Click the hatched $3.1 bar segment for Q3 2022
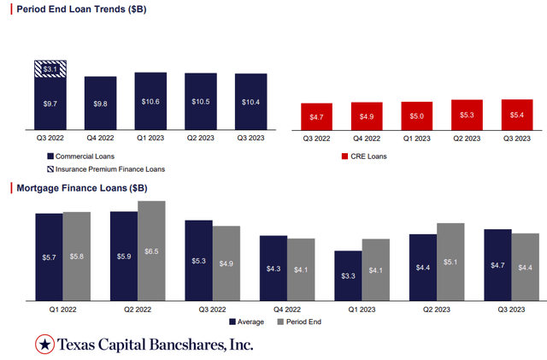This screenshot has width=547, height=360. pos(50,68)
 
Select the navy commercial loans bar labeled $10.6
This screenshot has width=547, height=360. pos(150,101)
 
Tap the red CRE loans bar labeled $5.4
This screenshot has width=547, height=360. pos(516,115)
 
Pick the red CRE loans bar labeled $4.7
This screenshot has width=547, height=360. pos(315,116)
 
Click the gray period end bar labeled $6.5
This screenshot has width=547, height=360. pos(151,251)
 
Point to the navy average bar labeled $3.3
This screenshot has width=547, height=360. pos(348,275)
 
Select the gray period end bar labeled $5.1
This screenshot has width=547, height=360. pos(450,262)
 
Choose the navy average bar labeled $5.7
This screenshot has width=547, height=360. pos(49,257)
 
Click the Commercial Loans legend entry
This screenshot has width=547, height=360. pos(81,156)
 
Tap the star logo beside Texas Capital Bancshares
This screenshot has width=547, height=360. pos(44,345)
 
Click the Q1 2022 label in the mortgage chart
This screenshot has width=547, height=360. pos(62,309)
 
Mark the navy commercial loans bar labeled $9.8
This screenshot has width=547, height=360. pos(100,103)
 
